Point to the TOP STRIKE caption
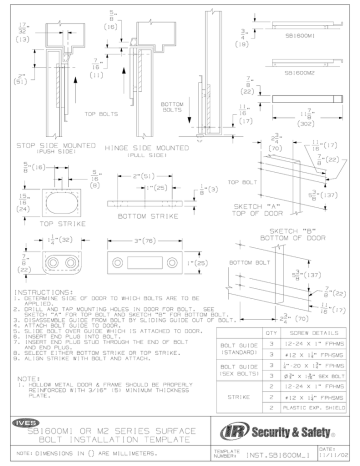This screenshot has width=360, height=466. (42, 227)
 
